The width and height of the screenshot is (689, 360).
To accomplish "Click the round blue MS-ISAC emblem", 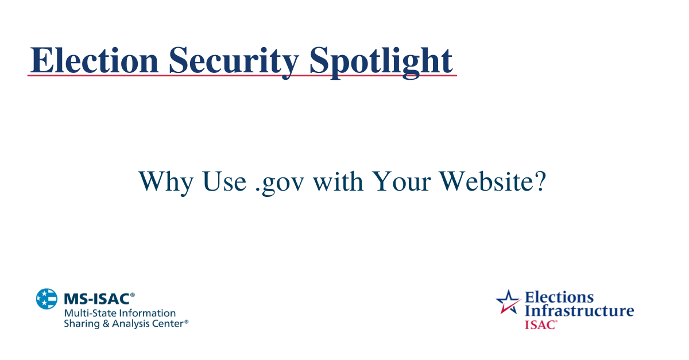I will [47, 299].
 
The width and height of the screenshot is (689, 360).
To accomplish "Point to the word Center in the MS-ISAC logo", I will [167, 324].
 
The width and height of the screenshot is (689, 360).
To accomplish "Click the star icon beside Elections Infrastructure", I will [508, 301].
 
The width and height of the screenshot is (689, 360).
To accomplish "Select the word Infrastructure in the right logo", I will [580, 311].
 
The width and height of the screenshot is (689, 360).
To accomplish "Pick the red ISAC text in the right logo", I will [540, 324].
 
